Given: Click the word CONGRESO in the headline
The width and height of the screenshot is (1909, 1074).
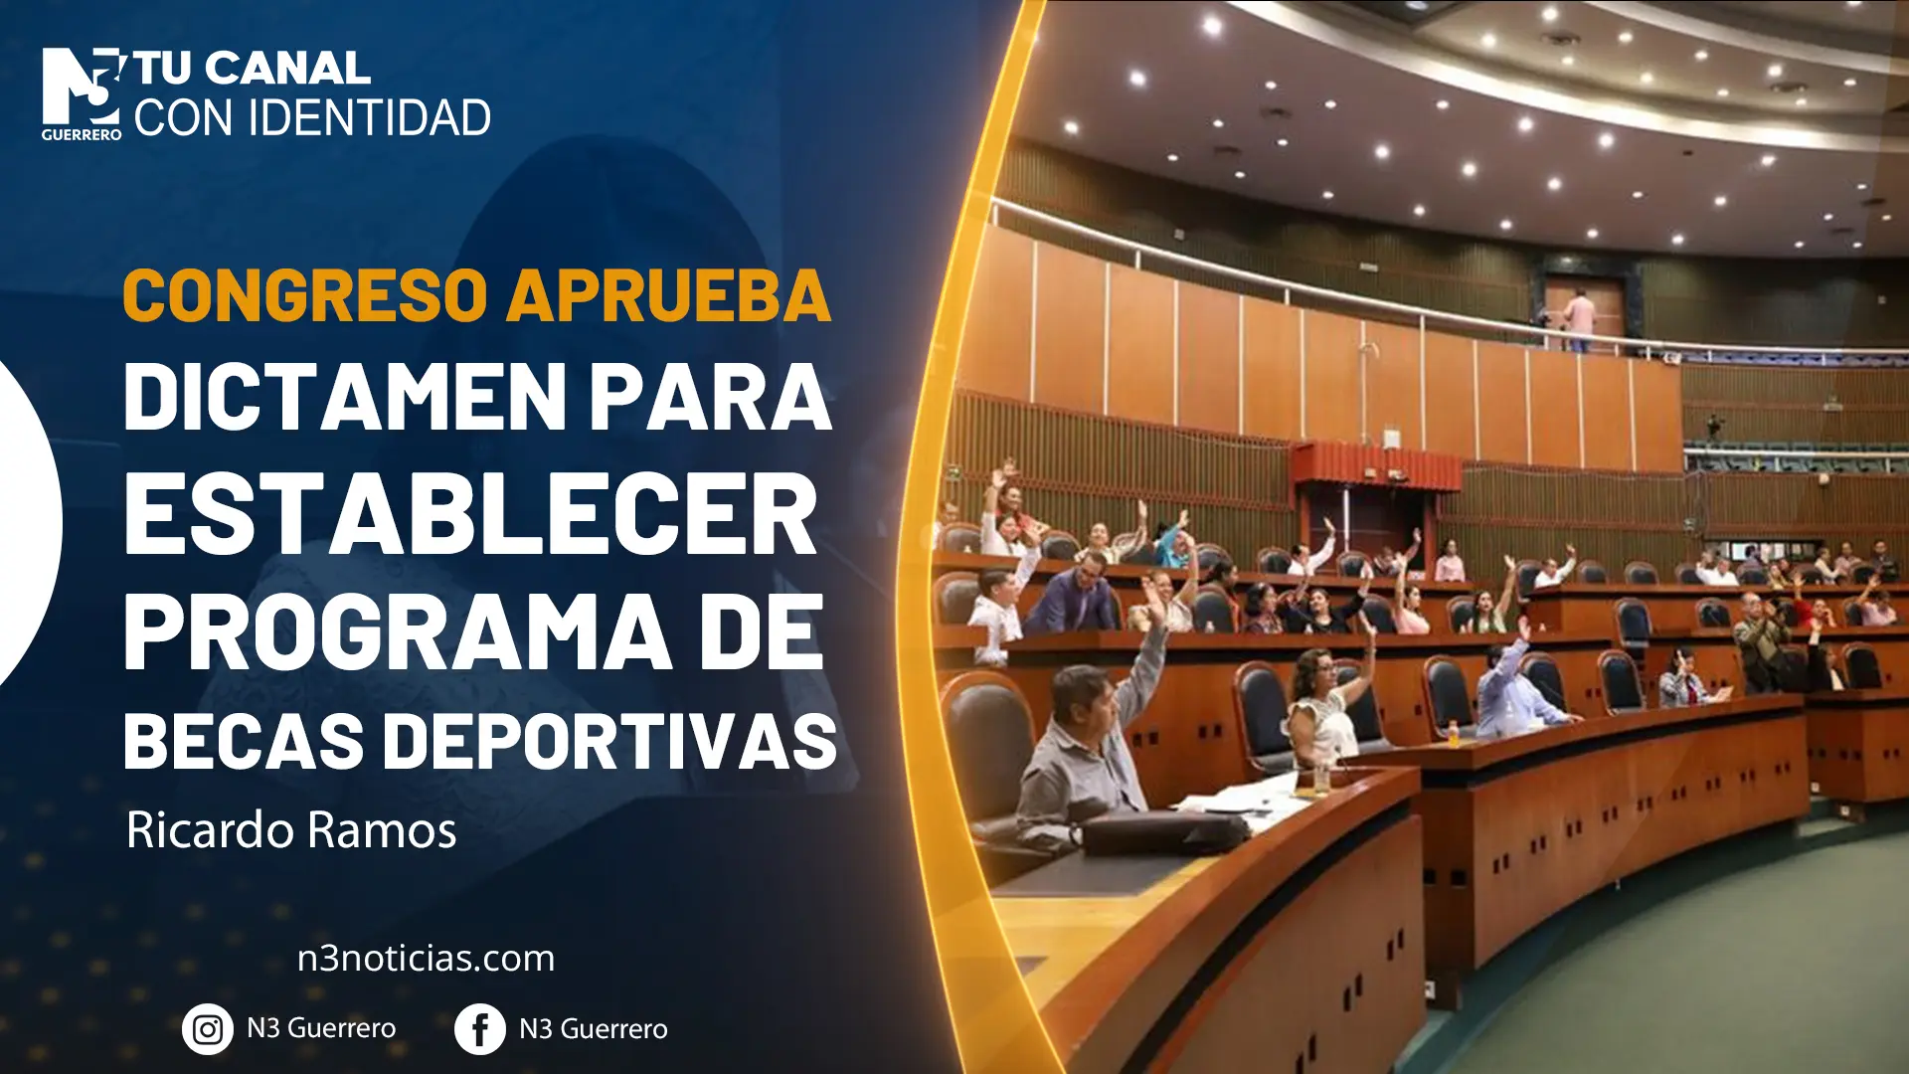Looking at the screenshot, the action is pyautogui.click(x=305, y=295).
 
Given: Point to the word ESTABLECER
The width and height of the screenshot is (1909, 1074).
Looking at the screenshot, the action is pyautogui.click(x=470, y=514).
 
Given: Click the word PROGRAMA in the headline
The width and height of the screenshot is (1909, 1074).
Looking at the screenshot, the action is pyautogui.click(x=397, y=632).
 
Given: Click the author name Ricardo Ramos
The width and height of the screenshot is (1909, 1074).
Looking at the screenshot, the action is pyautogui.click(x=291, y=829).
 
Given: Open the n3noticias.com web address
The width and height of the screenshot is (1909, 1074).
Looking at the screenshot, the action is pyautogui.click(x=426, y=959).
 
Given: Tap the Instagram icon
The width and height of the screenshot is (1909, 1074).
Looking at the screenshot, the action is pyautogui.click(x=207, y=1029).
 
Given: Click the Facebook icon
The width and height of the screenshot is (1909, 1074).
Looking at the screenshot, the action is pyautogui.click(x=479, y=1029).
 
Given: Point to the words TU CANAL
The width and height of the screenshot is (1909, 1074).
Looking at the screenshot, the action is pyautogui.click(x=253, y=70).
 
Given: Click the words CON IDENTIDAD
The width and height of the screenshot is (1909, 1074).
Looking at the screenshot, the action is pyautogui.click(x=312, y=118).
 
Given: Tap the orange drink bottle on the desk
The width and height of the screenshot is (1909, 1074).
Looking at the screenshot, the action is pyautogui.click(x=1454, y=734).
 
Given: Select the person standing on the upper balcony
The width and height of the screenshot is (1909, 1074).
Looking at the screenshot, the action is pyautogui.click(x=1578, y=319).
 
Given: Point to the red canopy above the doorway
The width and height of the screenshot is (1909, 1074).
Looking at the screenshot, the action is pyautogui.click(x=1376, y=465).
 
